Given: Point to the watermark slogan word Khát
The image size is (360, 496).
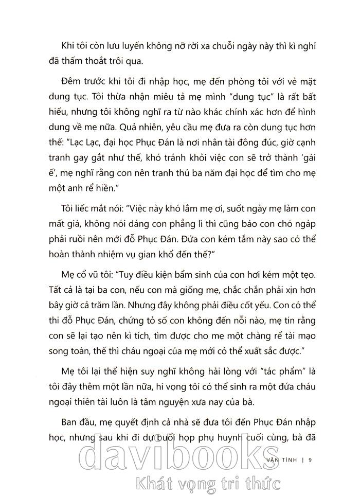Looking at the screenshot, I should (152, 483).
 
